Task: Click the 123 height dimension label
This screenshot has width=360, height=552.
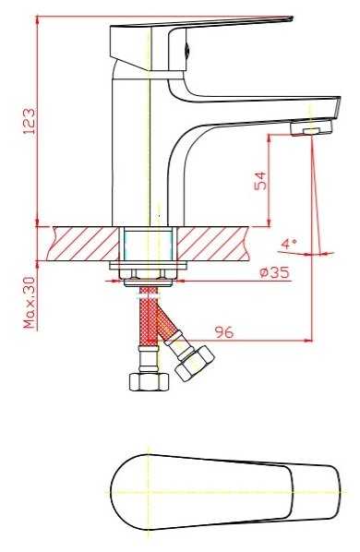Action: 30,121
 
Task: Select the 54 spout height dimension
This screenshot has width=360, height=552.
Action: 260,181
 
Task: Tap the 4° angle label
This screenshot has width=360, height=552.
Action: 289,244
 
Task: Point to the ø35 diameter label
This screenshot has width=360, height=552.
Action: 275,272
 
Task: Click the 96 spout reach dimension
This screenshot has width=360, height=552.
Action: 224,332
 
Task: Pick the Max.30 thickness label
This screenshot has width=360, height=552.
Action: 30,303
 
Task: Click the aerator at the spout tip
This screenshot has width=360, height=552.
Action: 311,127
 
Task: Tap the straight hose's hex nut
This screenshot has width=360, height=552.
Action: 150,381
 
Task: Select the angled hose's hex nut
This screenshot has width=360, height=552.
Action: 195,364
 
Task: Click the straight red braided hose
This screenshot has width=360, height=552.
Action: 149,317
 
